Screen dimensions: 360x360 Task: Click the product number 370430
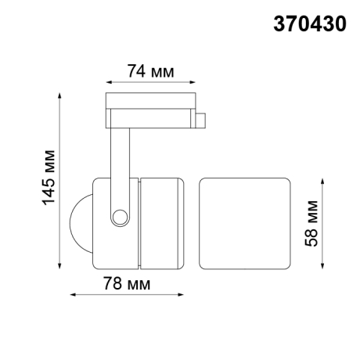click(x=308, y=24)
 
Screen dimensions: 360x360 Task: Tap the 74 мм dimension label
click(x=149, y=72)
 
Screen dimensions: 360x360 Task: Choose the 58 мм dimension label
click(x=312, y=224)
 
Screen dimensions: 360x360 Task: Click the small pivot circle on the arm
click(x=120, y=217)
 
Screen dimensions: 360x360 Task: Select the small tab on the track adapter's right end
click(x=200, y=121)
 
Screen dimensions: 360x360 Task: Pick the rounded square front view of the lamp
click(x=245, y=223)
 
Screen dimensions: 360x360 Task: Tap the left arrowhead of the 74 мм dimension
click(x=107, y=81)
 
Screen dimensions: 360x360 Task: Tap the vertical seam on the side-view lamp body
click(x=139, y=223)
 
